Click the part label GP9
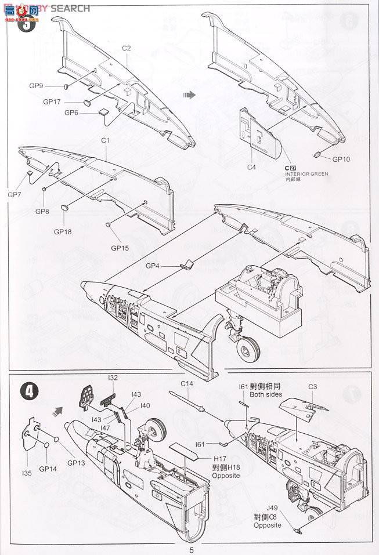37,86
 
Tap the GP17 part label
52,101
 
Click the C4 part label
251,167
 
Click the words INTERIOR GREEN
306,173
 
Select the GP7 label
15,194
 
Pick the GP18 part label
63,231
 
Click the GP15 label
121,248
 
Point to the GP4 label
153,266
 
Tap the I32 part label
113,379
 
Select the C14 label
186,383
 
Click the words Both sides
266,394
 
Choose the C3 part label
312,386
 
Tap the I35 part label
27,473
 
